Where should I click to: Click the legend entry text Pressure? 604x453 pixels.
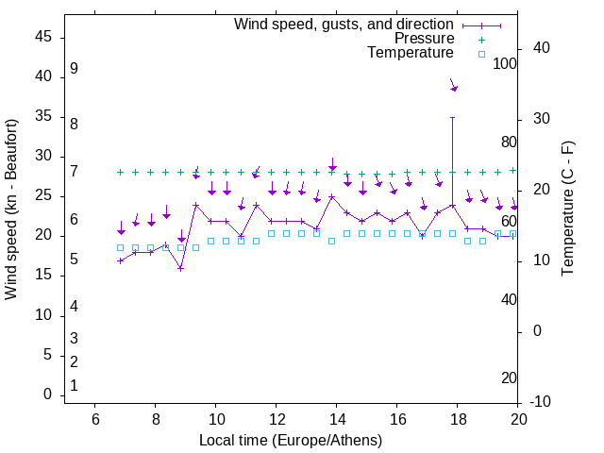click(424, 39)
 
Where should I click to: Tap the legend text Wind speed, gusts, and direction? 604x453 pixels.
click(344, 24)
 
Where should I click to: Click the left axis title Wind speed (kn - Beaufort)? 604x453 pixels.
click(11, 210)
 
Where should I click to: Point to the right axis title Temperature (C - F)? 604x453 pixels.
click(567, 210)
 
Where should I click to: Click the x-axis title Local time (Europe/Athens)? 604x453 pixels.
click(291, 440)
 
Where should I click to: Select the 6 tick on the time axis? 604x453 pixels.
click(94, 419)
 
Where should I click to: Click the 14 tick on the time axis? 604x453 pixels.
click(336, 419)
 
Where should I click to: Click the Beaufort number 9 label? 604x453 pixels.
click(74, 69)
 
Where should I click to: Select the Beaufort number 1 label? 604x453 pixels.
click(74, 385)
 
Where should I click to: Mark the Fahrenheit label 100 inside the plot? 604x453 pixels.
click(505, 64)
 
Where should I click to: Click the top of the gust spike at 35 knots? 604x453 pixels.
click(453, 117)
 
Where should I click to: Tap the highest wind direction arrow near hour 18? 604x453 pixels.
click(453, 86)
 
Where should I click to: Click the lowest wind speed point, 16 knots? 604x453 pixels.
click(180, 268)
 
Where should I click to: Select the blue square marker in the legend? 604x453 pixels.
click(481, 54)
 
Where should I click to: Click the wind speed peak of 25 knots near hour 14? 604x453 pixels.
click(332, 196)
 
